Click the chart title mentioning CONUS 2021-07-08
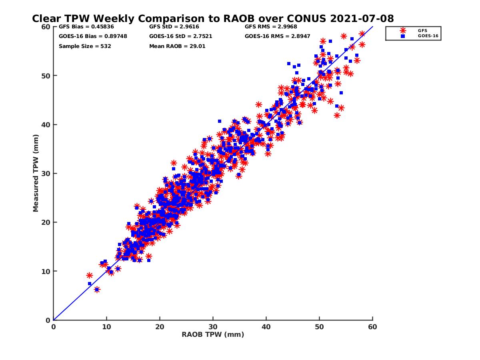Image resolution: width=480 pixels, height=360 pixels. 213,18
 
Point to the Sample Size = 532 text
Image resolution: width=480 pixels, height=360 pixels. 85,46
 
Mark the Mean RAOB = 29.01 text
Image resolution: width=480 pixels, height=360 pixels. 174,46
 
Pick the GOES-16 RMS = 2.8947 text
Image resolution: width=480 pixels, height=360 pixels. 275,36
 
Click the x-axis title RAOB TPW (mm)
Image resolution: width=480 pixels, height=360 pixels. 213,334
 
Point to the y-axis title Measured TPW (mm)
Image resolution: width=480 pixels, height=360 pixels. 36,173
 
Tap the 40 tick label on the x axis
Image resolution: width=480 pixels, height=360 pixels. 266,327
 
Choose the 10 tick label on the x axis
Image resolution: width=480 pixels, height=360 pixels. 106,327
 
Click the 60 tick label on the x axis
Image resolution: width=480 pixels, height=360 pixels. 372,327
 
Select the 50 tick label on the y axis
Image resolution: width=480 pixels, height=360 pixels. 46,76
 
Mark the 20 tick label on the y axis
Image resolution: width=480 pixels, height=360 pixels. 46,222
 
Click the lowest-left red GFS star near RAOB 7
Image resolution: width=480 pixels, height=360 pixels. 90,275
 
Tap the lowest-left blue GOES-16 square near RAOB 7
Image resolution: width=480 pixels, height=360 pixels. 90,284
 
